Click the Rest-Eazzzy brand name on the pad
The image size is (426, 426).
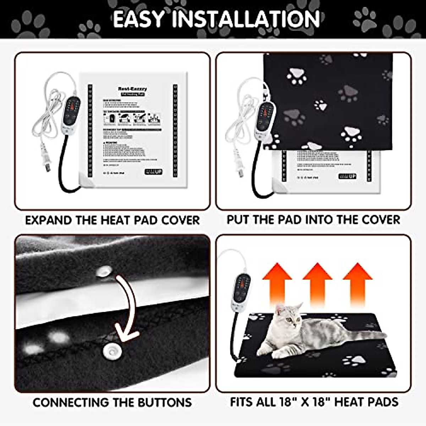[132, 89]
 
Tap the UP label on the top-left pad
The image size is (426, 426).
[153, 172]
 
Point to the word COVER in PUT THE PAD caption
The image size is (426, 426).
[381, 220]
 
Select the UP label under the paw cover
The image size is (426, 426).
[348, 176]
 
